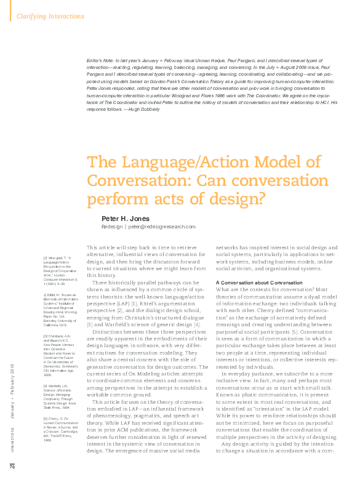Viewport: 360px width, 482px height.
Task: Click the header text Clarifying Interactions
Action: [50, 16]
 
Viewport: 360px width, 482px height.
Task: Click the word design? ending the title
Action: [234, 199]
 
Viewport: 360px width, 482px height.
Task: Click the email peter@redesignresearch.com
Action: [161, 227]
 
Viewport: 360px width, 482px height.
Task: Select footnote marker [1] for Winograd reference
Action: [46, 258]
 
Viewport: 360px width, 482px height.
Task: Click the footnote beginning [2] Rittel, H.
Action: [60, 295]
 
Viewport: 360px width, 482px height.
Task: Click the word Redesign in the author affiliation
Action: [112, 227]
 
